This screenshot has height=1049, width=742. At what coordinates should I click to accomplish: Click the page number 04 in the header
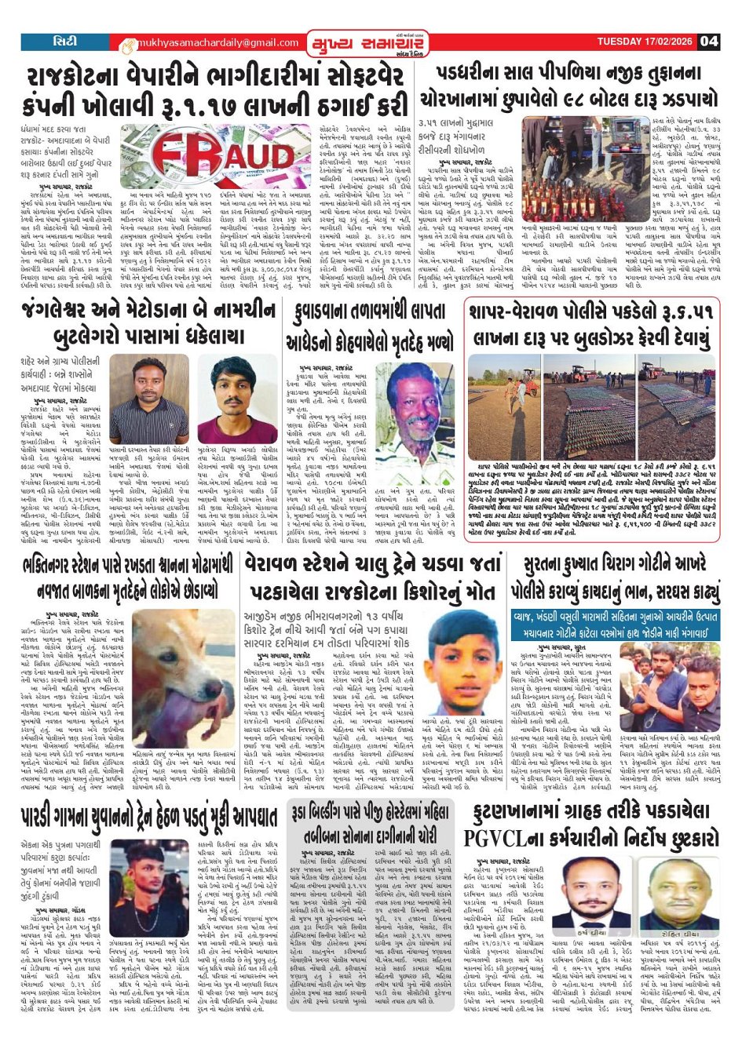[x=709, y=41]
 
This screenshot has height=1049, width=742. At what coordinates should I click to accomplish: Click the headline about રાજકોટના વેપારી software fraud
[x=216, y=91]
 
